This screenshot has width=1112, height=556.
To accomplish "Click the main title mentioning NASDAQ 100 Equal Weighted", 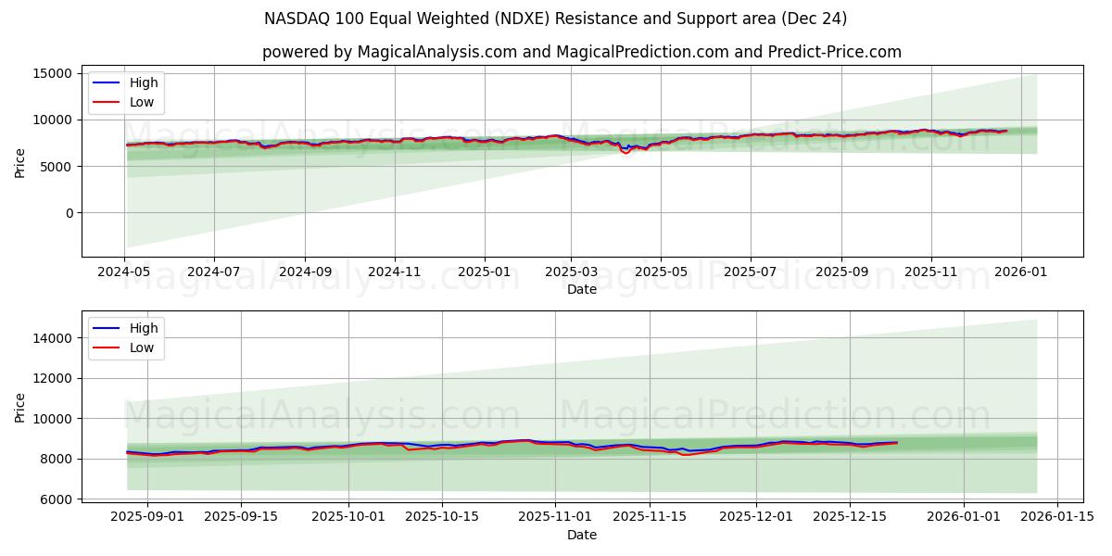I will point(555,19).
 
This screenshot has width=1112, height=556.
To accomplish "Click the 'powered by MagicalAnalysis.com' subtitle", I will point(581,52).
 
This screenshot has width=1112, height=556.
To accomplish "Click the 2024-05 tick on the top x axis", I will point(124,273).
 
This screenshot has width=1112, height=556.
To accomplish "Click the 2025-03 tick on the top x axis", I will point(571,273).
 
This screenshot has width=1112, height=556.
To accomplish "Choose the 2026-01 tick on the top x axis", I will point(1021,273).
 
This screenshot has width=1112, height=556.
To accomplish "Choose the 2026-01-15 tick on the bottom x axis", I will point(1057,517).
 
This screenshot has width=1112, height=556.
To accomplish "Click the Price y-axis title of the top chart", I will point(20,162).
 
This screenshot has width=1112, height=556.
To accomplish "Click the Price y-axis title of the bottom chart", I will point(20,407).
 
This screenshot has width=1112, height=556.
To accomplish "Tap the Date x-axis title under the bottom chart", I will point(581,535).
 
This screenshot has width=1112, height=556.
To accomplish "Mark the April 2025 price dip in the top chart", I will point(625,151).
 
